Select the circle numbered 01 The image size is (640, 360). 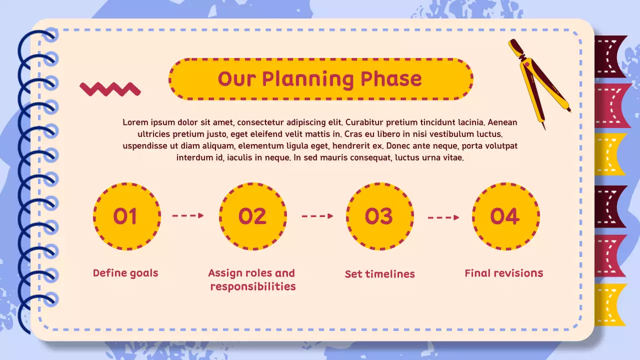pyautogui.click(x=126, y=216)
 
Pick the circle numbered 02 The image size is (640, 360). pyautogui.click(x=253, y=216)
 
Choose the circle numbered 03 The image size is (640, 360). pyautogui.click(x=379, y=216)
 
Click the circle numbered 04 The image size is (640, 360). pyautogui.click(x=505, y=216)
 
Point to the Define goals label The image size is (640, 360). pyautogui.click(x=125, y=273)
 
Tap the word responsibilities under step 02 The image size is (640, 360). pyautogui.click(x=253, y=286)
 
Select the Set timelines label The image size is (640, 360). pyautogui.click(x=380, y=274)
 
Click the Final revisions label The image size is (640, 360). pyautogui.click(x=504, y=273)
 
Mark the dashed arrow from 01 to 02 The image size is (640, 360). pyautogui.click(x=188, y=215)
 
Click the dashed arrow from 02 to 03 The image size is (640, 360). pyautogui.click(x=317, y=216)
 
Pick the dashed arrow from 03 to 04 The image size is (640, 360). pyautogui.click(x=443, y=217)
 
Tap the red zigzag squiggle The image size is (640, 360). pyautogui.click(x=110, y=89)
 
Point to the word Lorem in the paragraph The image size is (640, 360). pyautogui.click(x=135, y=122)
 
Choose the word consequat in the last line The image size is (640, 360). pyautogui.click(x=367, y=158)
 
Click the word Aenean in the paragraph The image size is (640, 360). pyautogui.click(x=502, y=122)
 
